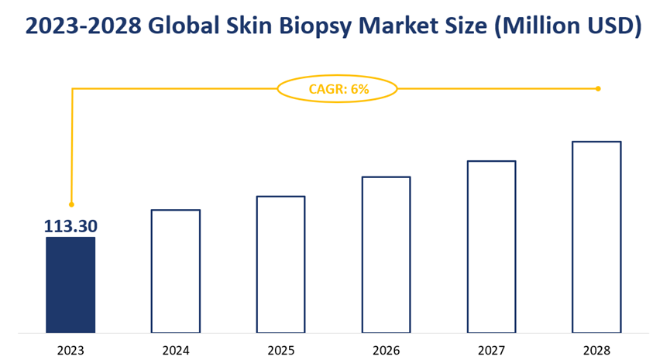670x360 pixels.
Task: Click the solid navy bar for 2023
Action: pyautogui.click(x=70, y=285)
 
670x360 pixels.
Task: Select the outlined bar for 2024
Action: pyautogui.click(x=176, y=271)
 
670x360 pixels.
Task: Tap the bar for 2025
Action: pyautogui.click(x=280, y=264)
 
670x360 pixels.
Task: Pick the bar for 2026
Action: pyautogui.click(x=386, y=255)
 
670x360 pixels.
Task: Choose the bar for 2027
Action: pyautogui.click(x=491, y=246)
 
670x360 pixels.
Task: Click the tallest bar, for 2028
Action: pyautogui.click(x=596, y=237)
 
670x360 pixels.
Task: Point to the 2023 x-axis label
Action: pyautogui.click(x=70, y=350)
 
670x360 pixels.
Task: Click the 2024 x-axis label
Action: pyautogui.click(x=176, y=350)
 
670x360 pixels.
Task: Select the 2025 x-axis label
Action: pyautogui.click(x=280, y=350)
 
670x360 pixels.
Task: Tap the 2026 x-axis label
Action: pyautogui.click(x=386, y=350)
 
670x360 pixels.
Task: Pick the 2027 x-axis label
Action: pyautogui.click(x=491, y=350)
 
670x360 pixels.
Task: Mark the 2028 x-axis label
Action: pyautogui.click(x=596, y=350)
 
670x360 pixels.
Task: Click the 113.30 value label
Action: pyautogui.click(x=70, y=226)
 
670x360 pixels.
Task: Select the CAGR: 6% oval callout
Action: pyautogui.click(x=338, y=89)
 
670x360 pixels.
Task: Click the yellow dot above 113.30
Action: pyautogui.click(x=71, y=204)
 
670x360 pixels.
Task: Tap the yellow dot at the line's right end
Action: pyautogui.click(x=598, y=88)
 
